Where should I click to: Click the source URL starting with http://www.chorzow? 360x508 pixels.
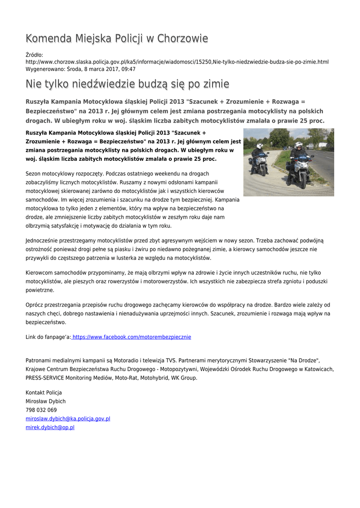(177, 62)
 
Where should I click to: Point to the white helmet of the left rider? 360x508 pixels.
(260, 146)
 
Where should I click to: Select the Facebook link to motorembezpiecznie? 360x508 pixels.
(132, 337)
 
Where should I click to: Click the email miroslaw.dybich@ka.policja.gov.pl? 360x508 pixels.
(68, 419)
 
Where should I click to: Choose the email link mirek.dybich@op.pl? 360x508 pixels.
(50, 427)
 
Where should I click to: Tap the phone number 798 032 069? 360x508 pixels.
(41, 410)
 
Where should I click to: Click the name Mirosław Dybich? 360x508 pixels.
(46, 401)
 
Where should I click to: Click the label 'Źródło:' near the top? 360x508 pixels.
(34, 55)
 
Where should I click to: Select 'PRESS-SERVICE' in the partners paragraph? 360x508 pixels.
(43, 378)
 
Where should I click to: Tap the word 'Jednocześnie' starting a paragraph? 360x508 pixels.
(42, 240)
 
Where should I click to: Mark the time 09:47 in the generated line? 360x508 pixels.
(129, 69)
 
